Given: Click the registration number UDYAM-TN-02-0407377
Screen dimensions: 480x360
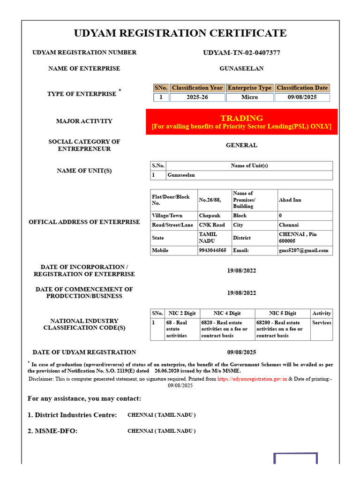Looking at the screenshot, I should tap(241, 52).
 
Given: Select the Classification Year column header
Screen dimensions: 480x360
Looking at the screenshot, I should tap(197, 88).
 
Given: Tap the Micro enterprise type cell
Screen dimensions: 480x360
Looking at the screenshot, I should tap(249, 97).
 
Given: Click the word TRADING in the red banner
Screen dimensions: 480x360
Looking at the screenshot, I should tap(241, 118).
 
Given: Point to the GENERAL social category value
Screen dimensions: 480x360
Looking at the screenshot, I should tap(241, 145).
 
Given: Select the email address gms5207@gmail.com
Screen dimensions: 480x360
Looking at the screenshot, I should tap(304, 250).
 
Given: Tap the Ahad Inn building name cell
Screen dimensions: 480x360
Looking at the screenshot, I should tap(290, 200).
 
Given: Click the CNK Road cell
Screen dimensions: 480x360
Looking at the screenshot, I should tap(212, 225).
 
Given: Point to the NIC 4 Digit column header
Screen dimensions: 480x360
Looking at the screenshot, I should tap(227, 313).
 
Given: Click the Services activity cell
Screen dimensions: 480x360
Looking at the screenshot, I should tap(322, 322).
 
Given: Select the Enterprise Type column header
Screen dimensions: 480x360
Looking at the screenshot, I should tap(249, 88).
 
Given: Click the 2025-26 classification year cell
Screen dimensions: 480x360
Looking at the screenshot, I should tap(197, 97).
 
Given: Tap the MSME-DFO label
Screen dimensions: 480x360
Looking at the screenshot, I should tap(52, 431).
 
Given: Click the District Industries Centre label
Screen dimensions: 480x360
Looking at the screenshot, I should tap(72, 415).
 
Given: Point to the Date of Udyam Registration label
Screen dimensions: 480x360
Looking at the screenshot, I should tap(84, 352).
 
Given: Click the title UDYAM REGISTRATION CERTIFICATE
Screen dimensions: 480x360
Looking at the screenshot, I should tap(180, 33).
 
